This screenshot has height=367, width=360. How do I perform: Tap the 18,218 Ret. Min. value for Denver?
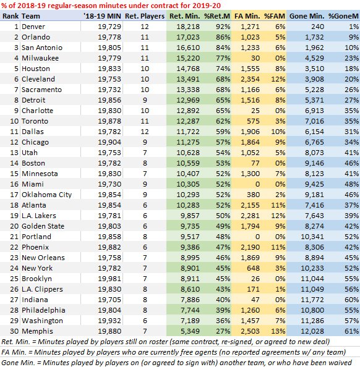(x=186, y=28)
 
